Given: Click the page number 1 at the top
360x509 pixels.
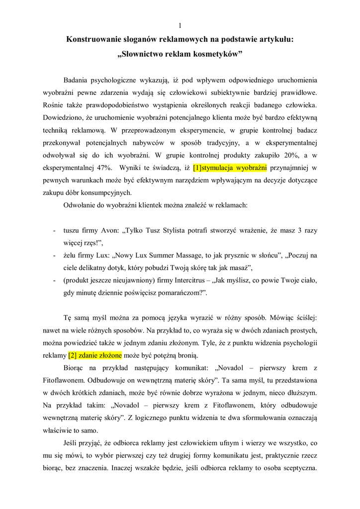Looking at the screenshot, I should point(180,25).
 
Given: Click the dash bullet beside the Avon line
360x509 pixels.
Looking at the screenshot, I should point(53,231).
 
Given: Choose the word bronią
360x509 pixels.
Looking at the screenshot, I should point(186,355).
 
